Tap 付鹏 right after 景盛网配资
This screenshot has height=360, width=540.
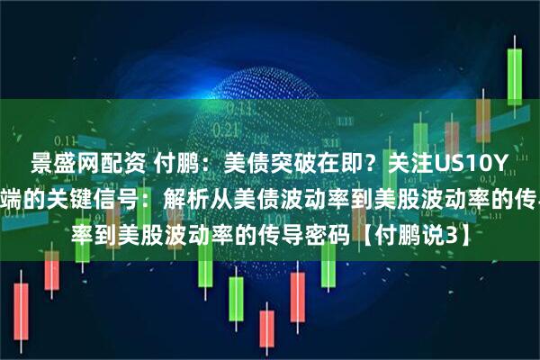[173, 164]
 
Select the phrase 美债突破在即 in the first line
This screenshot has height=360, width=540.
[275, 164]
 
